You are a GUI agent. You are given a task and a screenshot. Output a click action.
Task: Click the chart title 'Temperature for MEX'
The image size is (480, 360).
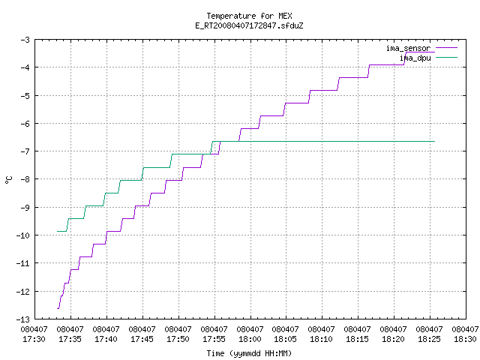249,16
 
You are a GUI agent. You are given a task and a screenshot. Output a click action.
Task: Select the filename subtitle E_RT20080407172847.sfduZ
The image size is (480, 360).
249,25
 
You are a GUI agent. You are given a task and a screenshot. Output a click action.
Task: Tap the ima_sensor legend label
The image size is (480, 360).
408,48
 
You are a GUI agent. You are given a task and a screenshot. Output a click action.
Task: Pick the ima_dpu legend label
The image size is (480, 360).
415,58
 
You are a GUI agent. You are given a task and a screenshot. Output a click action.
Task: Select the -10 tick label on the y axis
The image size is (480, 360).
23,235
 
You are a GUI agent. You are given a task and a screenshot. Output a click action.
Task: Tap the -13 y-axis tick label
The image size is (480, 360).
23,319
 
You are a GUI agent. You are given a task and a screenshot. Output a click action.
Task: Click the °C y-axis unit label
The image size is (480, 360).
9,180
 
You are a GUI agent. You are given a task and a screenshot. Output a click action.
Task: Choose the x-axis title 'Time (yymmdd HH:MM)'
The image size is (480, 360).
249,353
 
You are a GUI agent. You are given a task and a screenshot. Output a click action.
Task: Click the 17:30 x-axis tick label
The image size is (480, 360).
34,339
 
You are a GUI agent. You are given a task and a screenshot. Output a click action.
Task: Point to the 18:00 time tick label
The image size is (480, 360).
250,339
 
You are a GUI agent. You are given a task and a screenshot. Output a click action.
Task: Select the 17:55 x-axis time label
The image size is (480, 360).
214,339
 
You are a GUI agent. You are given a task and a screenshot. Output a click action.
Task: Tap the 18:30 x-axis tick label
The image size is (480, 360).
465,339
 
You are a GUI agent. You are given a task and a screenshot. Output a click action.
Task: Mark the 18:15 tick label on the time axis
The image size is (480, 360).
357,339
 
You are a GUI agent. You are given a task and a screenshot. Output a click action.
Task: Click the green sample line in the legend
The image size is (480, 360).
446,57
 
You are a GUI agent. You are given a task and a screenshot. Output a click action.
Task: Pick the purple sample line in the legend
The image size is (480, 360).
446,48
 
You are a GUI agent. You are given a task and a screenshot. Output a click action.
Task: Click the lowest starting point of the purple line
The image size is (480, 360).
57,308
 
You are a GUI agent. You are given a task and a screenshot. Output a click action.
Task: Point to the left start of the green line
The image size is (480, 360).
57,231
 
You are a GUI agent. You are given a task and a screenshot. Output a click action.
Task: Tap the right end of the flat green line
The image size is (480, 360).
435,142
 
